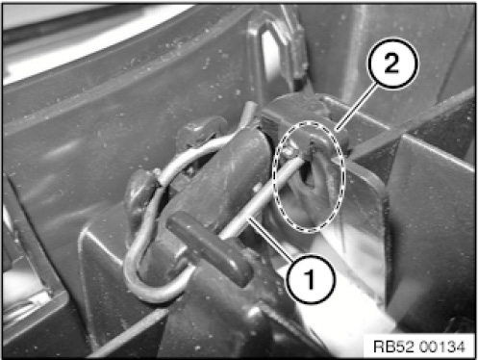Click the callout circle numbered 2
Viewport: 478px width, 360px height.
tap(393, 64)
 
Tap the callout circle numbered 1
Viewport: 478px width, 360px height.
tap(311, 278)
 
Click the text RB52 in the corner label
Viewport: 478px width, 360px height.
tap(393, 347)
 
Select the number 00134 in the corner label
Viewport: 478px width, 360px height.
tap(442, 347)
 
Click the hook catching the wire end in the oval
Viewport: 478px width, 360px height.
tap(315, 141)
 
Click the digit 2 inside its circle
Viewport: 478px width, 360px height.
tap(391, 63)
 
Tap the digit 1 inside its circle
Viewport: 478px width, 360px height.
tap(311, 278)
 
